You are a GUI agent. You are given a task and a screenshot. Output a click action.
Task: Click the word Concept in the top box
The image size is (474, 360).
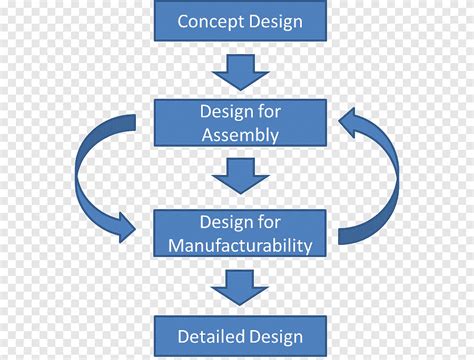click(x=211, y=22)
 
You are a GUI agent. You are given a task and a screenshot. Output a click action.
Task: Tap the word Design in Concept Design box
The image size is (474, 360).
click(x=275, y=23)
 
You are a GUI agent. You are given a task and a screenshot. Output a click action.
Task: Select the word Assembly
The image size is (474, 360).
click(x=240, y=135)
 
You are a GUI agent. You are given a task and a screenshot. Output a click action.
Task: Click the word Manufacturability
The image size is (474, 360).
click(x=240, y=246)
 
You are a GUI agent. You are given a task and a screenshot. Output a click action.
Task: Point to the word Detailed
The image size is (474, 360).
click(x=211, y=336)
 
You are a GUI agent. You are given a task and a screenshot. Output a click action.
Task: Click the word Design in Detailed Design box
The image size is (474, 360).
click(x=275, y=337)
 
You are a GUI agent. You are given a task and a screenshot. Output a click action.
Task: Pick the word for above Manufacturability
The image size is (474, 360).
click(x=269, y=222)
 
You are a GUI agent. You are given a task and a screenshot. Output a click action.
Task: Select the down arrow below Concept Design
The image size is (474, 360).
click(x=240, y=72)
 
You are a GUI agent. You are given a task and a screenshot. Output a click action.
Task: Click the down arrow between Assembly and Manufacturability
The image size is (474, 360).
click(x=240, y=176)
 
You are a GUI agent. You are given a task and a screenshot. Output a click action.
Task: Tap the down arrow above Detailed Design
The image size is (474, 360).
click(x=240, y=288)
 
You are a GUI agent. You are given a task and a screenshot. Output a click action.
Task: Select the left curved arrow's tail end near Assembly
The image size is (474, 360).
click(x=130, y=122)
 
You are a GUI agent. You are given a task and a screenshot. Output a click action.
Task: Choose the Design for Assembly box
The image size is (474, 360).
click(x=240, y=123)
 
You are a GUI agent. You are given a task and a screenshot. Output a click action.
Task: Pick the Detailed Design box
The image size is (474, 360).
click(x=240, y=336)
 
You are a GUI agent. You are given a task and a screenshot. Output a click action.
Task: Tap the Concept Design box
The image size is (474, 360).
click(x=240, y=20)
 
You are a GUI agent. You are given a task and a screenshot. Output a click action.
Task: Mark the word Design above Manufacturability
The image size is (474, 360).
click(x=224, y=223)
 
